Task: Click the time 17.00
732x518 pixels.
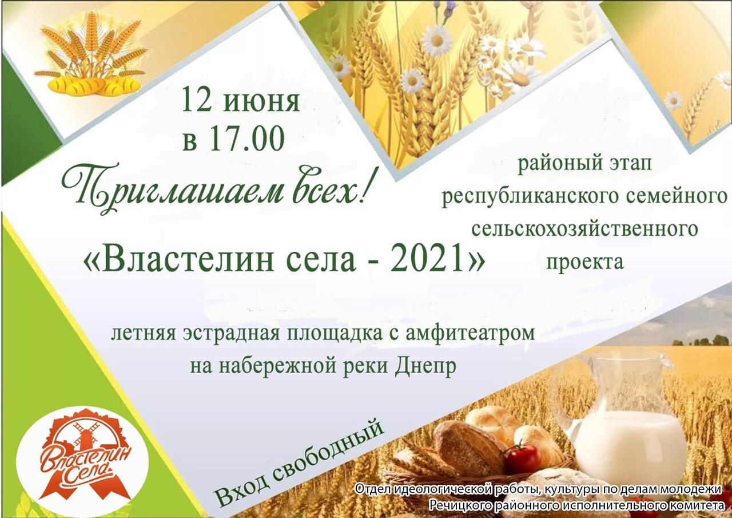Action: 246,139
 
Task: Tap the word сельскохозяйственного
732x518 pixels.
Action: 584,229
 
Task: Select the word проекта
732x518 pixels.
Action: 585,262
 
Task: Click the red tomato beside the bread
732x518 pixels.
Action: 522,458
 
